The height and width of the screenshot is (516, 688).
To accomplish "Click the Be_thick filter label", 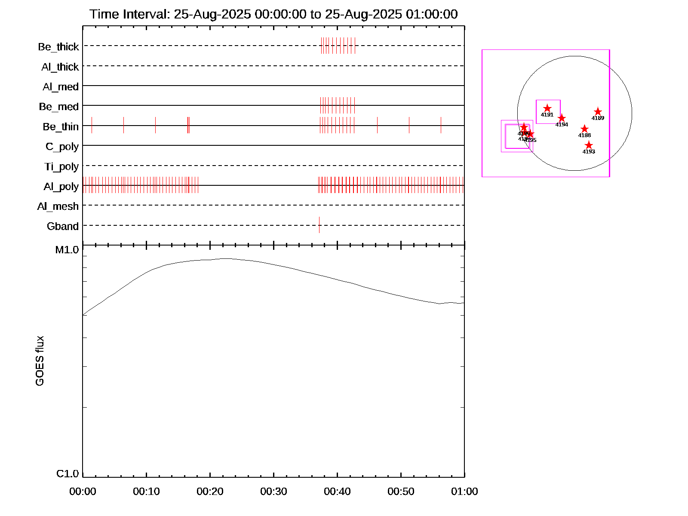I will (58, 47).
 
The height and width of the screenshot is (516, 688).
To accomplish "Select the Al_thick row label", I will (60, 67).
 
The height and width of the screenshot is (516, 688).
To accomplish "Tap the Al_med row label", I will (61, 87).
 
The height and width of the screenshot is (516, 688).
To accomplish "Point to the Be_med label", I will (59, 107).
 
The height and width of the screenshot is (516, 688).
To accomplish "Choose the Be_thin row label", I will (61, 127).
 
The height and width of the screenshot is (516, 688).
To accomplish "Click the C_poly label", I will (62, 147).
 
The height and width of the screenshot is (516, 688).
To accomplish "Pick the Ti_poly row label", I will (61, 166).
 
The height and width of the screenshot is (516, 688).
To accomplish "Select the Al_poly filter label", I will (61, 187).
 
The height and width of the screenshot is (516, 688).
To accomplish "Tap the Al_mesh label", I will (58, 206).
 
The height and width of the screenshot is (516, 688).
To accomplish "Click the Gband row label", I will (63, 226).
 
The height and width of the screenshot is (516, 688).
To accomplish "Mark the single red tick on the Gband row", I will (319, 225).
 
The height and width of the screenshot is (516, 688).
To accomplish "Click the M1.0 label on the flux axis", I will (67, 250).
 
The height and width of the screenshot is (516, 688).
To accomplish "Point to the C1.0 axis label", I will (68, 474).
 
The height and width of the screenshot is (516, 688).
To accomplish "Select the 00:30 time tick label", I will (273, 491).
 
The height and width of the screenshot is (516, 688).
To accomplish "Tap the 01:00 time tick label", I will (464, 491).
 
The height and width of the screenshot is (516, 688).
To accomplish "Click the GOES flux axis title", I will (40, 361).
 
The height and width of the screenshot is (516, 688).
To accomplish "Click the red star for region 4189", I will (598, 112).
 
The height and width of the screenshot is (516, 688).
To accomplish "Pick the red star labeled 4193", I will (589, 145).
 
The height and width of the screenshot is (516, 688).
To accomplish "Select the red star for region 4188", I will (584, 129).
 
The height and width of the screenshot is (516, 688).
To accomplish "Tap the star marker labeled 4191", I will (547, 108).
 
